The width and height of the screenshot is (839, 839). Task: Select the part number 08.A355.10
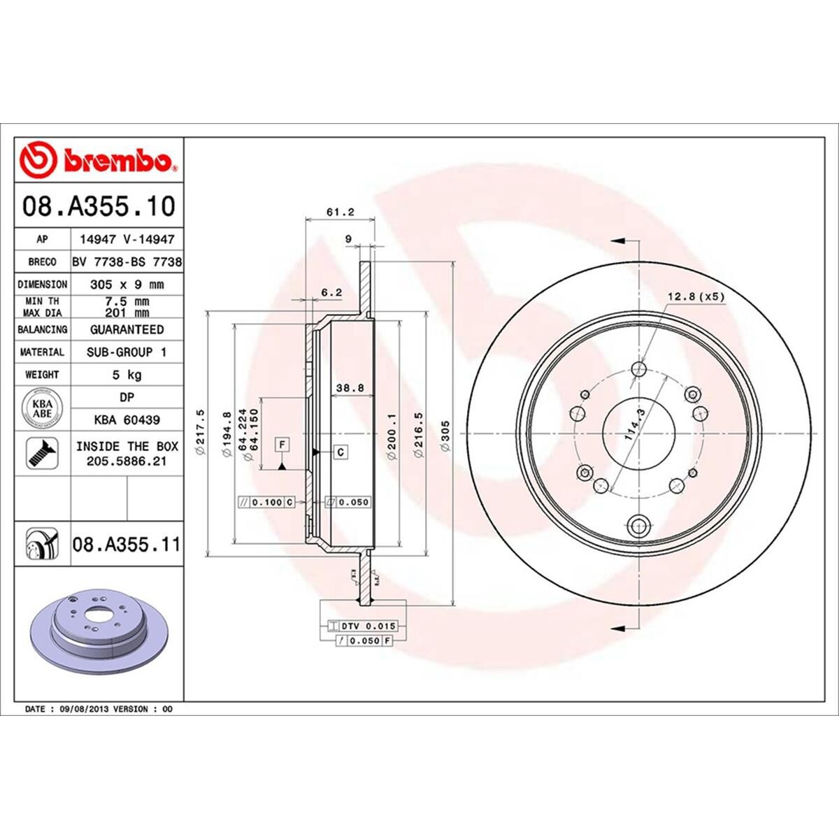(98, 207)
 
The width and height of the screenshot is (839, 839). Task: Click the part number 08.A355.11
(126, 543)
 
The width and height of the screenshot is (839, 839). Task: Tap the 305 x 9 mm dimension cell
(127, 285)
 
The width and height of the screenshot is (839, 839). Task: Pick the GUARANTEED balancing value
(127, 329)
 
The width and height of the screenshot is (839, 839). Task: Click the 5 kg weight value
(127, 375)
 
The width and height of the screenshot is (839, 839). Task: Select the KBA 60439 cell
(127, 420)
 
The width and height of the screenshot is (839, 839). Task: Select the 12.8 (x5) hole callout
(696, 296)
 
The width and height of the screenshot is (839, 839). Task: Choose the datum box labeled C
(340, 452)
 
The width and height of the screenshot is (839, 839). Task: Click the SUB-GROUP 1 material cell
(127, 352)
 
